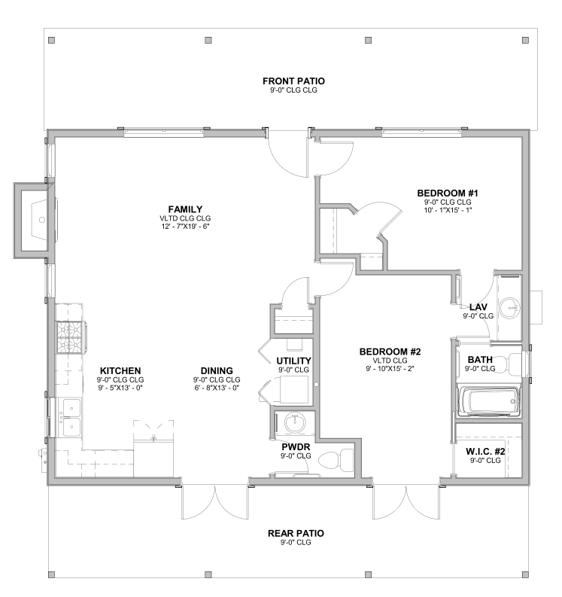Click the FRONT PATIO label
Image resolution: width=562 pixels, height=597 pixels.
[x=293, y=81]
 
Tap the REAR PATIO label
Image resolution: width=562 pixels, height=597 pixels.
[x=296, y=534]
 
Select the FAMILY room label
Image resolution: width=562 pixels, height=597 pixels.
[x=185, y=209]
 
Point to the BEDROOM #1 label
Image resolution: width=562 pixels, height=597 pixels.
[x=448, y=193]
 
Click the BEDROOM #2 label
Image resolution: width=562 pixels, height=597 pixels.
[x=390, y=352]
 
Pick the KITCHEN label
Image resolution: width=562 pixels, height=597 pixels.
[x=120, y=371]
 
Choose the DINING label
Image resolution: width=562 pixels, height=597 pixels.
[x=217, y=371]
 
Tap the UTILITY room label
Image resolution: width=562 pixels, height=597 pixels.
[x=293, y=361]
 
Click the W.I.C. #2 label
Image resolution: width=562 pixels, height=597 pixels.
[x=485, y=452]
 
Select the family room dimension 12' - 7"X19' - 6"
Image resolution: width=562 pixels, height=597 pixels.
[x=185, y=227]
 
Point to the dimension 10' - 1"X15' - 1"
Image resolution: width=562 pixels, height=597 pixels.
[x=448, y=210]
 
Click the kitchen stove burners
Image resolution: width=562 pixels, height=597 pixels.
[x=71, y=337]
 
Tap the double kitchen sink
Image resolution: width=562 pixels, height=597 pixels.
[x=71, y=417]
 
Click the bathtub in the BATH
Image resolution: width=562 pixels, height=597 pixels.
[x=488, y=401]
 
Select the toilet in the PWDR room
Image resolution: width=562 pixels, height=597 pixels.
[x=336, y=459]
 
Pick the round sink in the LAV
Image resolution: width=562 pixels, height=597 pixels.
[x=509, y=308]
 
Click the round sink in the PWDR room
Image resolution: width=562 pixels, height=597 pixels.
[x=295, y=422]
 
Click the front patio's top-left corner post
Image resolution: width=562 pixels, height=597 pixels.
[x=52, y=40]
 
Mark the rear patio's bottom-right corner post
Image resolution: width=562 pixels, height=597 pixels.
[x=525, y=574]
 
